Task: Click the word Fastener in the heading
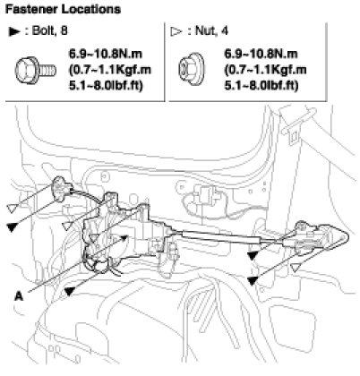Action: pos(31,9)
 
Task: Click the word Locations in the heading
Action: pos(91,9)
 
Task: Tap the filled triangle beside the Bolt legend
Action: pos(14,31)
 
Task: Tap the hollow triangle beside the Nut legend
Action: pos(176,31)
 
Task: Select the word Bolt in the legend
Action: pos(43,30)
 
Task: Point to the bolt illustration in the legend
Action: pos(35,71)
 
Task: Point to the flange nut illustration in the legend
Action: pos(192,69)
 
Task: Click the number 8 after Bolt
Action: pos(64,30)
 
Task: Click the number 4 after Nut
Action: pos(225,30)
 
